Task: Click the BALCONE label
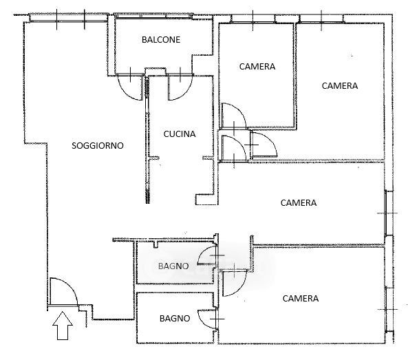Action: click(161, 39)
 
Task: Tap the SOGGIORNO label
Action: click(98, 145)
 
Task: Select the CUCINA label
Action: click(180, 134)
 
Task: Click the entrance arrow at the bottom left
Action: click(63, 326)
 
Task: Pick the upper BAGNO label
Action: click(173, 266)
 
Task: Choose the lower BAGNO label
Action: click(175, 318)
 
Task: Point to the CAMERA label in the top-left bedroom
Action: click(257, 67)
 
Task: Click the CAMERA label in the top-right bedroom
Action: click(340, 86)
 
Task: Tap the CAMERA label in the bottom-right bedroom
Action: click(301, 299)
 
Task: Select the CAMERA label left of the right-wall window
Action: click(299, 203)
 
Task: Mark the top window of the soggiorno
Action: click(69, 19)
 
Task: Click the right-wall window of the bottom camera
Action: click(389, 309)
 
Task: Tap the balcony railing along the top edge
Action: click(154, 16)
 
